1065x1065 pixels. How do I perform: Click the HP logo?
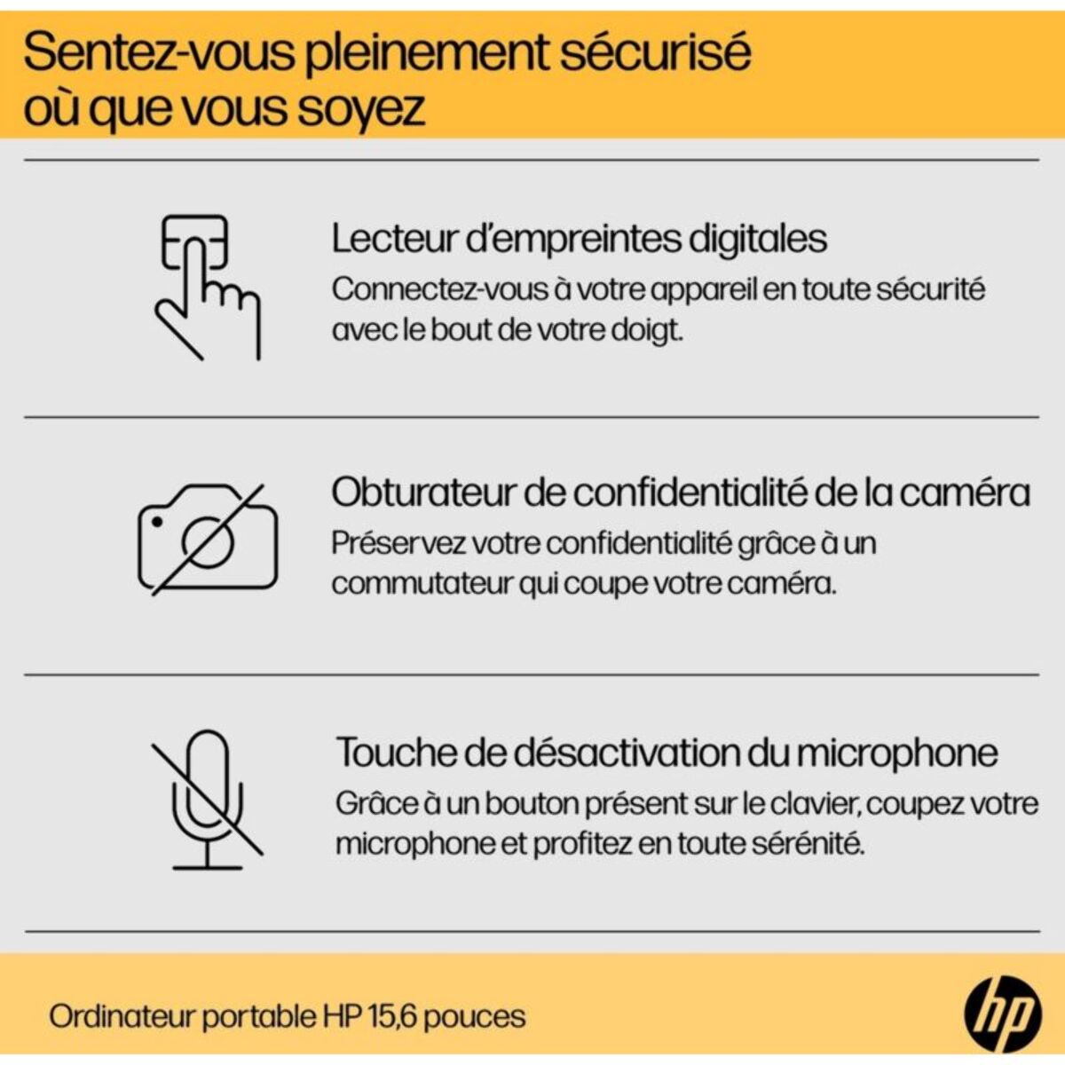(x=1002, y=1014)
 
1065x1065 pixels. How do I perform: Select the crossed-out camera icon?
(x=208, y=539)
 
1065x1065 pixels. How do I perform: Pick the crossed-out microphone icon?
(x=207, y=799)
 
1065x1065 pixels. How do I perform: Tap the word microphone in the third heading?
(x=896, y=753)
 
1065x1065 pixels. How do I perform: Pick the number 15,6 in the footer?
(x=386, y=1016)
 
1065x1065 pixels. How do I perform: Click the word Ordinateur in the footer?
(x=121, y=1016)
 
